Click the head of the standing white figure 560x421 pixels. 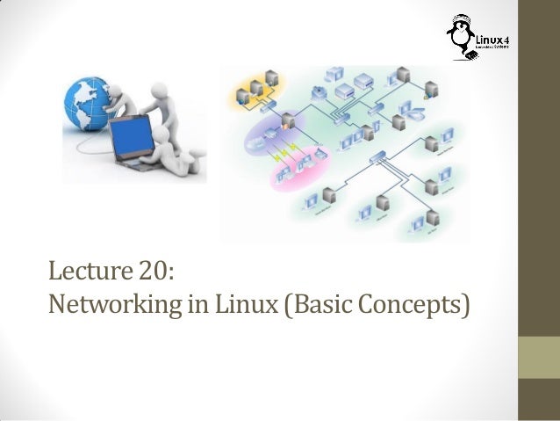[x=158, y=89]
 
